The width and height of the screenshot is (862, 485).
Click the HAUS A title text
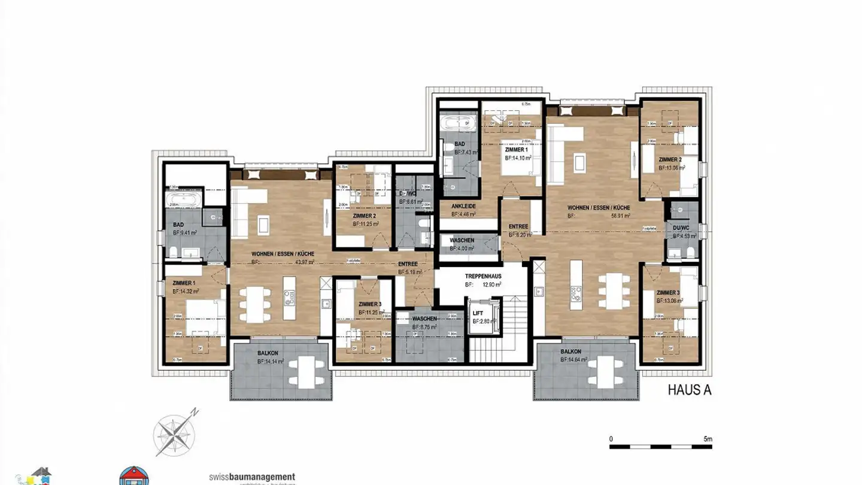[x=689, y=390]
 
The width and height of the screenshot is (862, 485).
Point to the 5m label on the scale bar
[x=708, y=439]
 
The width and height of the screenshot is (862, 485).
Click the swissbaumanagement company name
[x=252, y=477]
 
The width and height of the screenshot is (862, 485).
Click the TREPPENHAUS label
[x=482, y=276]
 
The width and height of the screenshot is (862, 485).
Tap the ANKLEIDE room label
[x=464, y=205]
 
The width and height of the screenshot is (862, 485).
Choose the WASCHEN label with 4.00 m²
[x=462, y=240]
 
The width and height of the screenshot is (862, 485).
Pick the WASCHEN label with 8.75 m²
[x=424, y=319]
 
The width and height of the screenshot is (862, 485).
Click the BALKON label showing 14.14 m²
[x=269, y=353]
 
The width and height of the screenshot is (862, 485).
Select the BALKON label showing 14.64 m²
[x=572, y=351]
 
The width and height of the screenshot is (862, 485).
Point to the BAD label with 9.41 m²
[x=178, y=225]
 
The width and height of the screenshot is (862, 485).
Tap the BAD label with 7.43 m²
[x=460, y=144]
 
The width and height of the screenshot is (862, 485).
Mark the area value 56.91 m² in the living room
[x=619, y=216]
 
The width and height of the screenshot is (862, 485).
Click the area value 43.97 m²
[x=303, y=262]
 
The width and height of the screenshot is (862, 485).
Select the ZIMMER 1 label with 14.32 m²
[x=184, y=283]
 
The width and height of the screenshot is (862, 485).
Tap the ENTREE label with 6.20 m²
[x=518, y=226]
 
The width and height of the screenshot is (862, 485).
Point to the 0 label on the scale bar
[x=611, y=439]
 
